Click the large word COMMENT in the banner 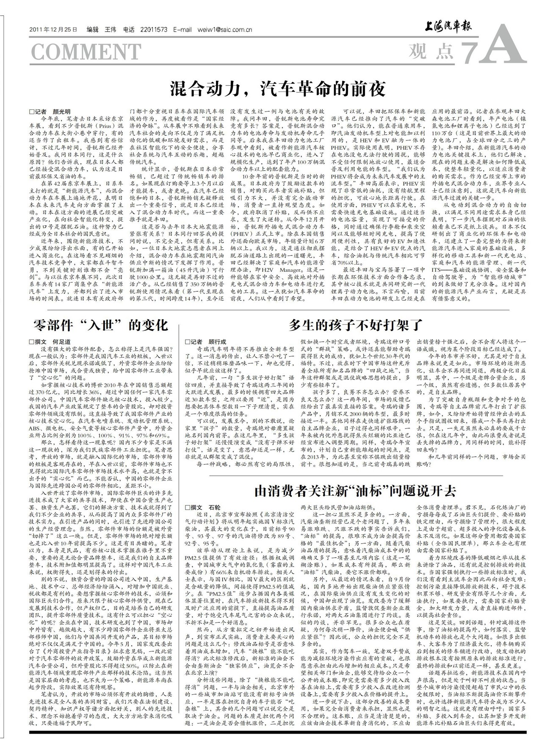click(86, 52)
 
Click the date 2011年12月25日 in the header click(54, 30)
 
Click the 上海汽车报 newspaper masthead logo click(448, 28)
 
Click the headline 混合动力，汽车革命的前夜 click(277, 89)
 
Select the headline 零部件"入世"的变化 click(100, 325)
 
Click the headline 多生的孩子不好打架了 click(356, 325)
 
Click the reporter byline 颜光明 click(62, 111)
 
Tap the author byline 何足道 click(61, 342)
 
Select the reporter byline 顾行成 click(217, 342)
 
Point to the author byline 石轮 click(215, 507)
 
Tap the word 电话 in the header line click(129, 30)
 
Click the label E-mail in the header click(183, 30)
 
